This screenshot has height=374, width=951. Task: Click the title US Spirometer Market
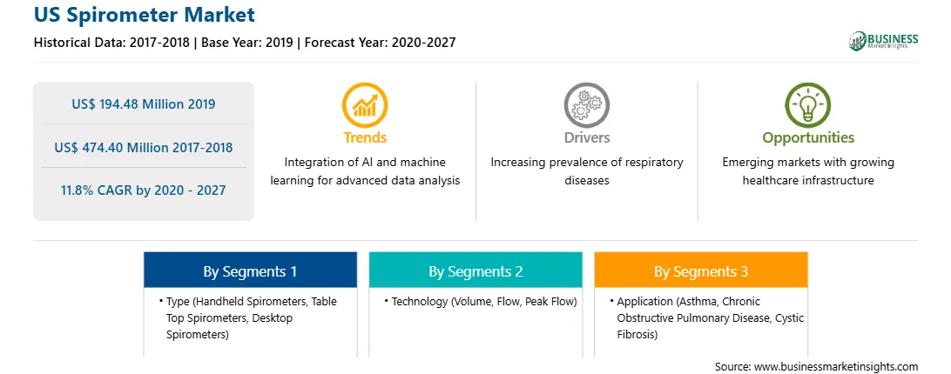click(x=145, y=15)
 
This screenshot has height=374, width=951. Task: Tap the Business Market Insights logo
click(x=884, y=41)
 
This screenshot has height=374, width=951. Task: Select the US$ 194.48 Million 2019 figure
click(x=143, y=104)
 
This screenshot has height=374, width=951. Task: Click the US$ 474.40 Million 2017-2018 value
click(x=143, y=147)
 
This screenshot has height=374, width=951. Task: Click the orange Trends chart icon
click(x=365, y=105)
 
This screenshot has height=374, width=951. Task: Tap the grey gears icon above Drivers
click(x=586, y=105)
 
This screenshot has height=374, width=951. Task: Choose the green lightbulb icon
click(x=808, y=105)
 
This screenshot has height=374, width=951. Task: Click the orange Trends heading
click(x=365, y=137)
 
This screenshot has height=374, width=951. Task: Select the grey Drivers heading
click(x=587, y=137)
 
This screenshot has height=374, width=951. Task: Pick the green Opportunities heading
click(x=808, y=138)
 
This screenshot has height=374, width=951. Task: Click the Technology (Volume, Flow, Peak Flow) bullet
click(x=481, y=301)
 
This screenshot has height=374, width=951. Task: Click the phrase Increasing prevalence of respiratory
click(x=586, y=163)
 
